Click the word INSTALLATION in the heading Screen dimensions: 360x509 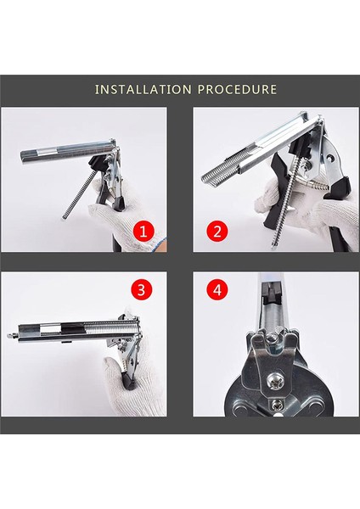pos(143,89)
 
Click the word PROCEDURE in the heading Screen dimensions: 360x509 pos(238,89)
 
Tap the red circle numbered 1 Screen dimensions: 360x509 pos(143,232)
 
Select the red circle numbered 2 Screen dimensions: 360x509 pos(217,232)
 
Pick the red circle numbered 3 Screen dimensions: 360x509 pos(141,289)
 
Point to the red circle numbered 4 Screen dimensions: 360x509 pos(217,289)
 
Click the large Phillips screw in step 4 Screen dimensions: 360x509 pos(275,381)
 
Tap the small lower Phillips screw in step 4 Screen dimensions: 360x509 pos(278,405)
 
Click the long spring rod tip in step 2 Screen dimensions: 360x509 pos(273,246)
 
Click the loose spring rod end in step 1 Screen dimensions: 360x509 pos(65,218)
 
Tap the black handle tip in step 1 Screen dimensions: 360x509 pos(118,204)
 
